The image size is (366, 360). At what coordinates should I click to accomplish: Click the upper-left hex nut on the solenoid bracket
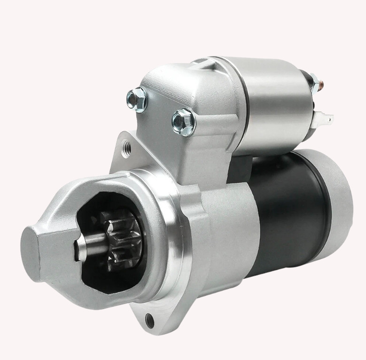click(x=137, y=98)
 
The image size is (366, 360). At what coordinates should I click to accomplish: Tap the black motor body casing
click(x=287, y=211)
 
